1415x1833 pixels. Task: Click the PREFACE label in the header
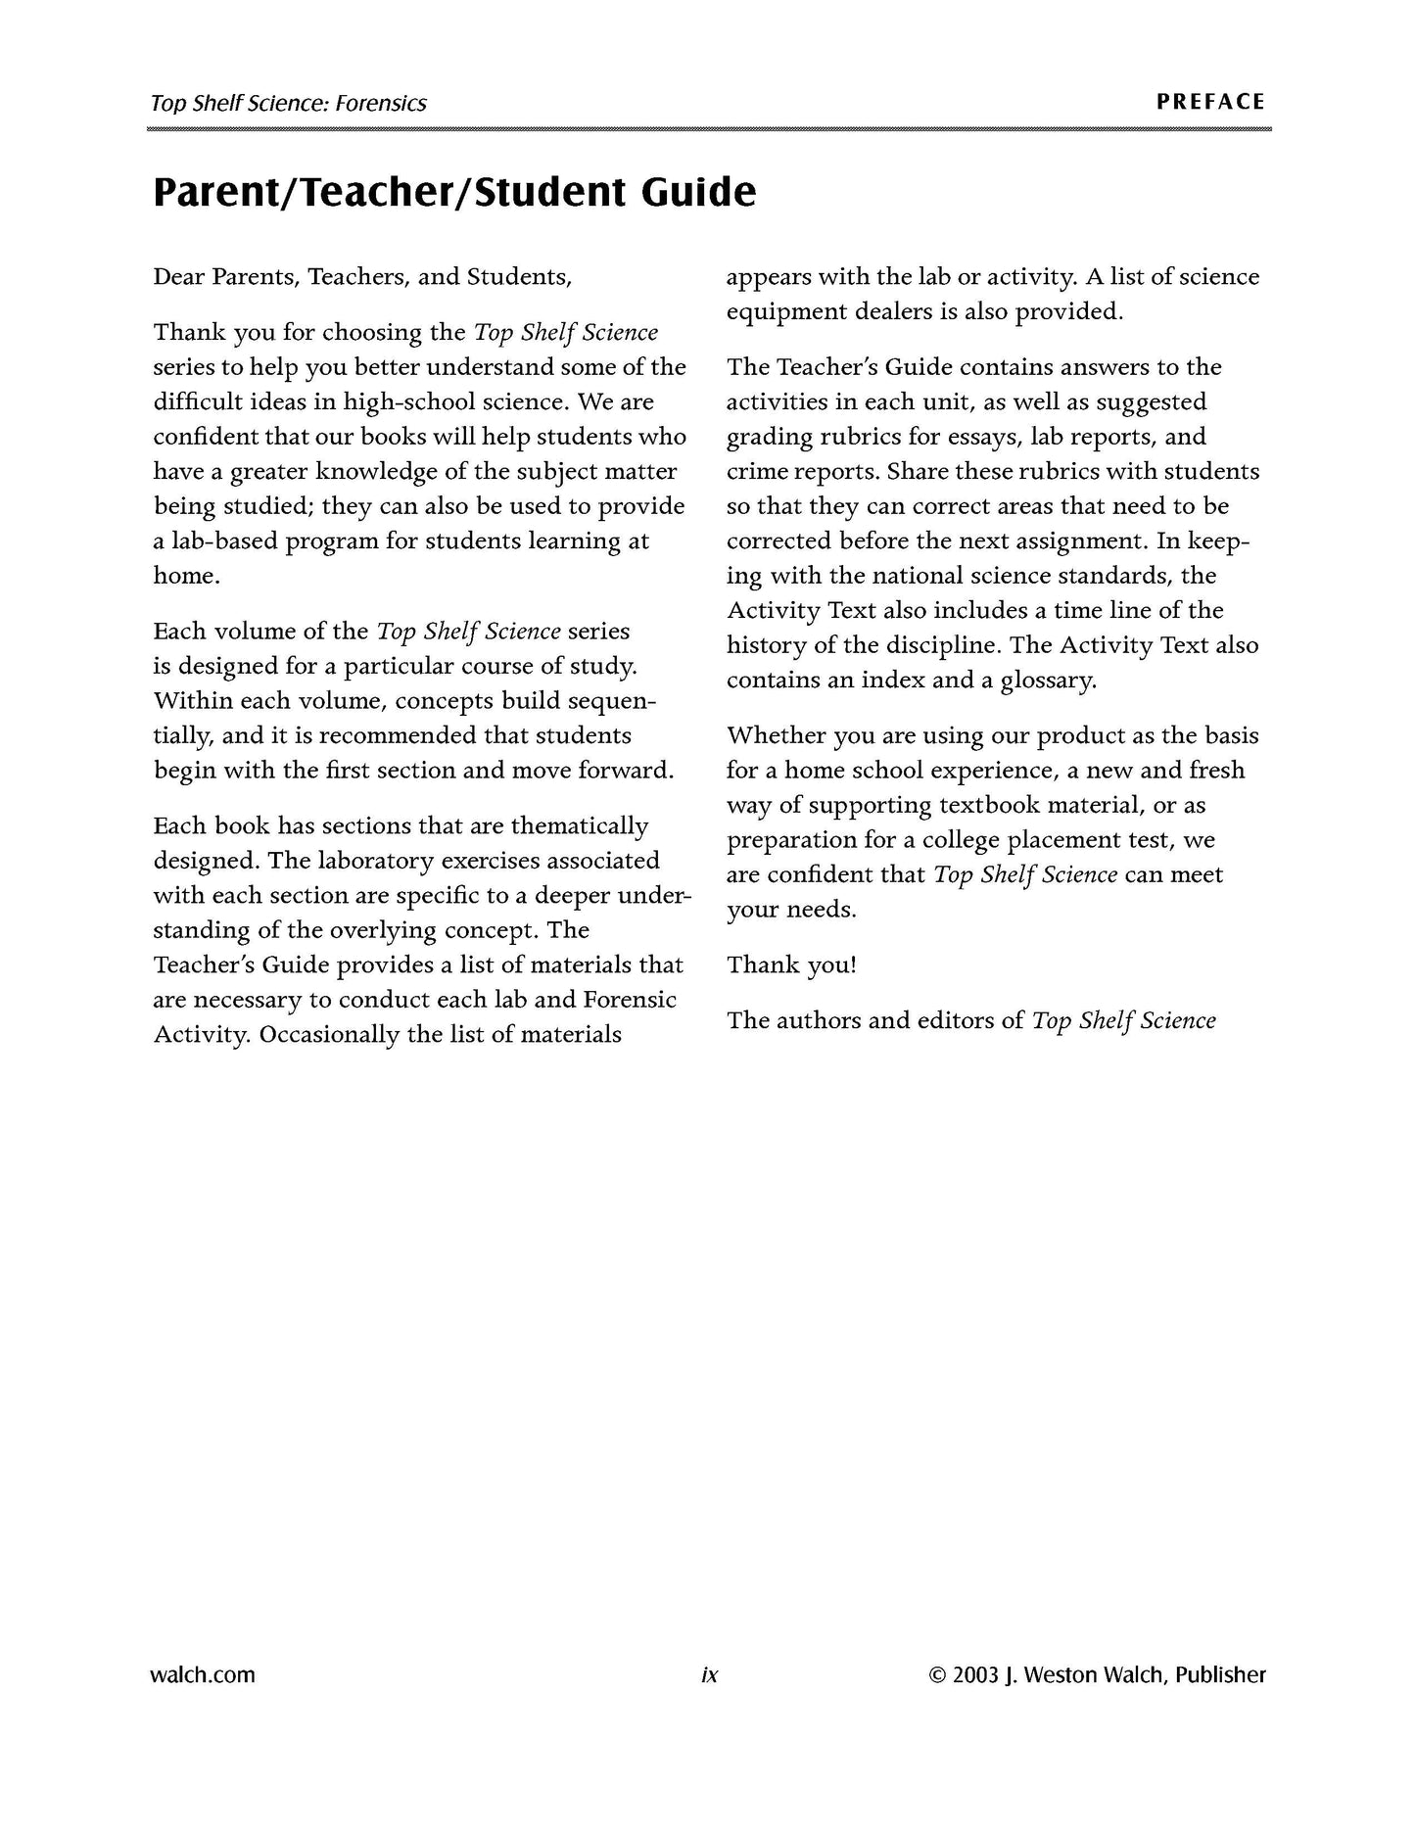[x=1210, y=102]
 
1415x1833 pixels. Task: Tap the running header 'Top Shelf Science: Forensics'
[x=289, y=103]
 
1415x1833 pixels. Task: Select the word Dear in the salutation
[x=179, y=277]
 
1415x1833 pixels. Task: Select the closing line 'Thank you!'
[x=791, y=965]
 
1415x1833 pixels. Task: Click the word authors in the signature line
[x=819, y=1021]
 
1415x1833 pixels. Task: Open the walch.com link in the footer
[x=203, y=1675]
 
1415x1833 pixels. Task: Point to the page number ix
[x=709, y=1675]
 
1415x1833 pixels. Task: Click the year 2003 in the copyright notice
[x=975, y=1675]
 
